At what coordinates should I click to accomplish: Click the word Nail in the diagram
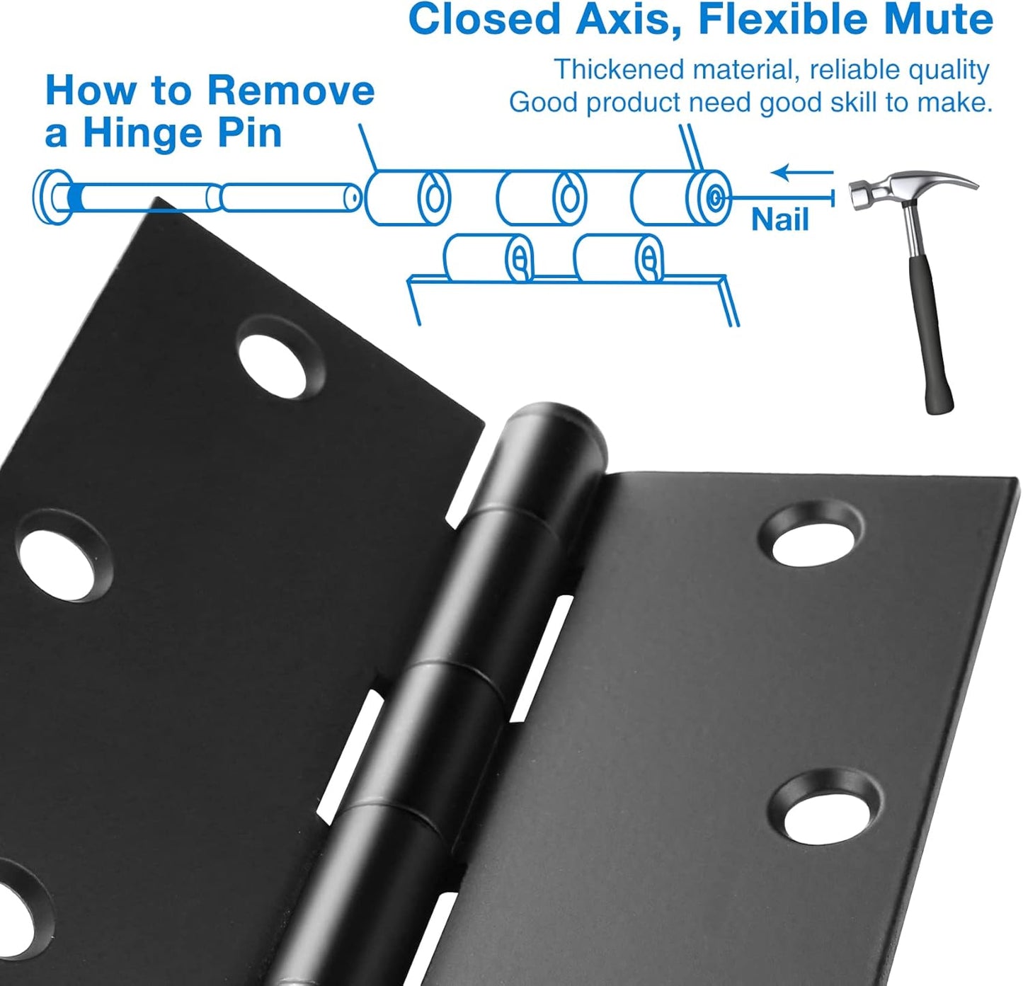[779, 219]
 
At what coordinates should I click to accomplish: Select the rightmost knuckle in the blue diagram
[680, 197]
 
